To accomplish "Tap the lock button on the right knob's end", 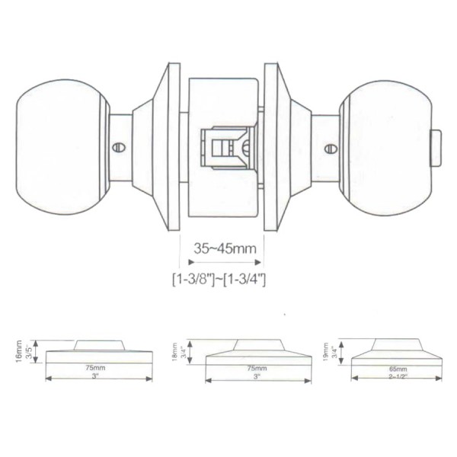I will [x=436, y=148].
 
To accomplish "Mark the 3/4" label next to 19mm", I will [x=334, y=351].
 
